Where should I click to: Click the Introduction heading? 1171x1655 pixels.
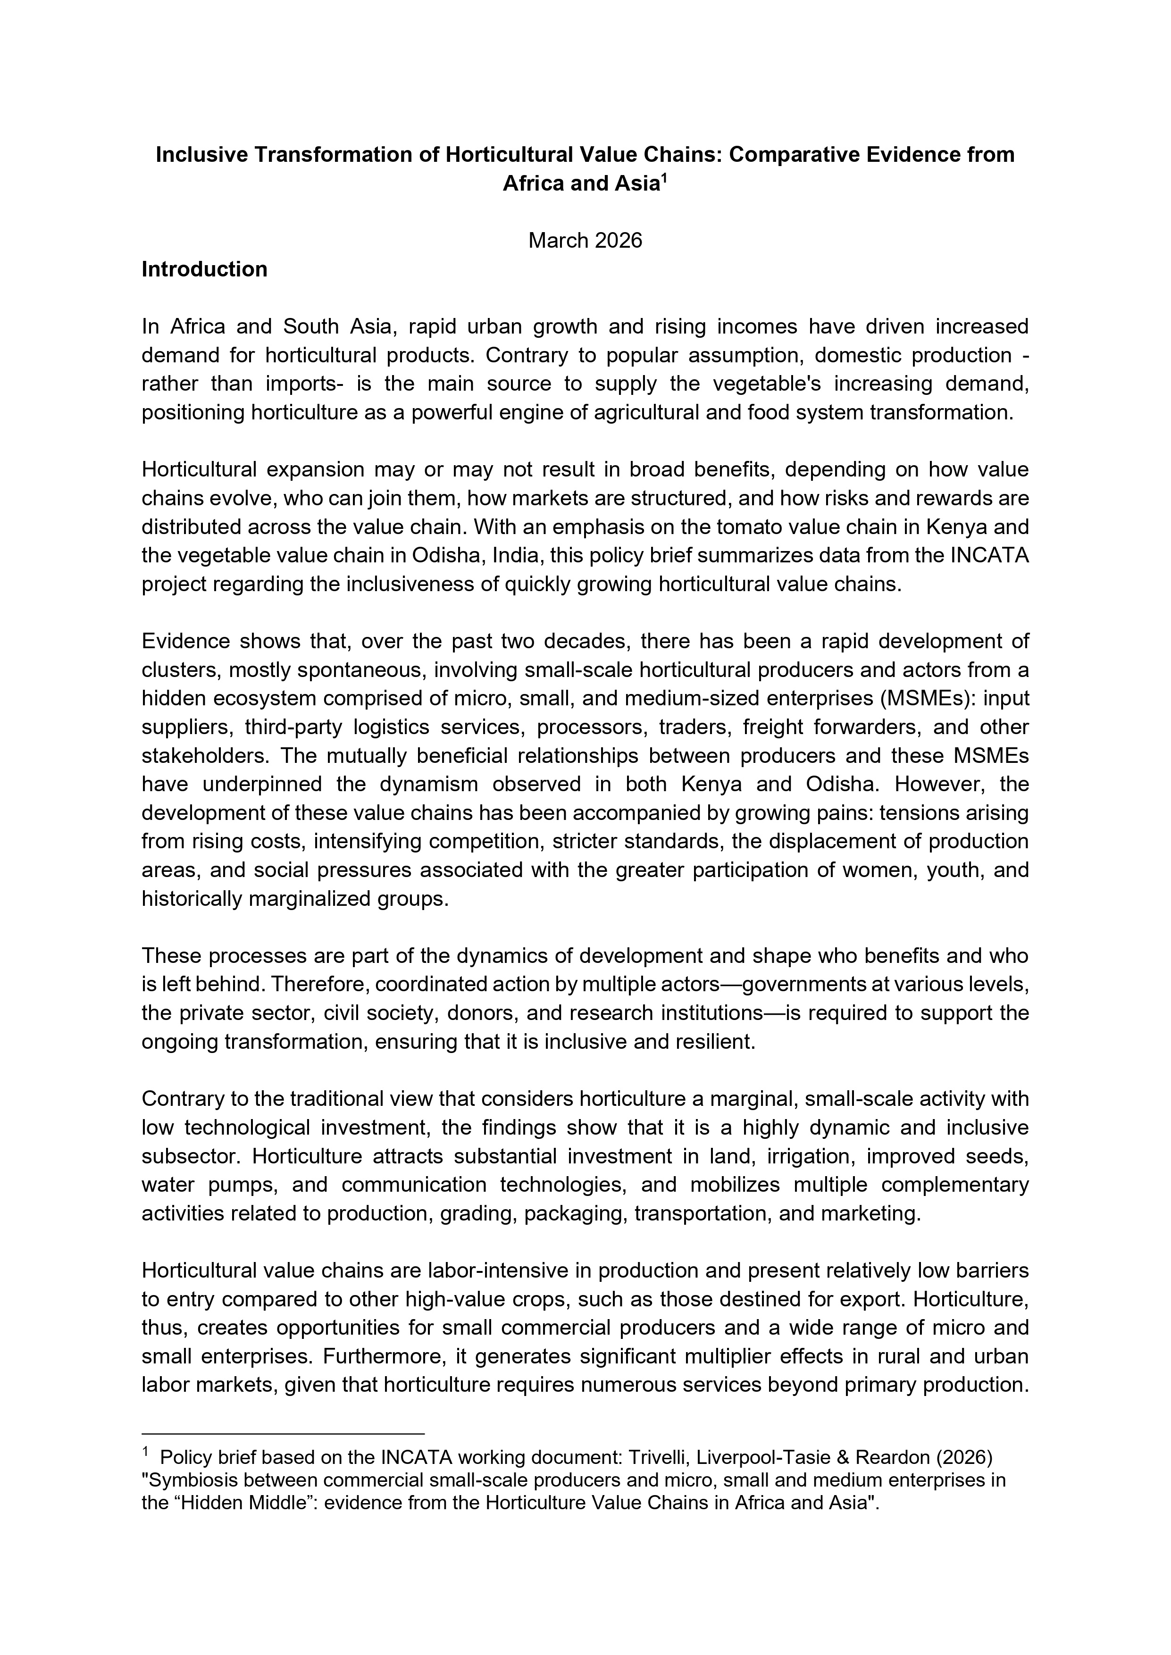tap(204, 269)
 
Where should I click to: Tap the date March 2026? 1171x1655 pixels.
tap(585, 240)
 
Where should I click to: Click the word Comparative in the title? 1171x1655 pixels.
tap(787, 155)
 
